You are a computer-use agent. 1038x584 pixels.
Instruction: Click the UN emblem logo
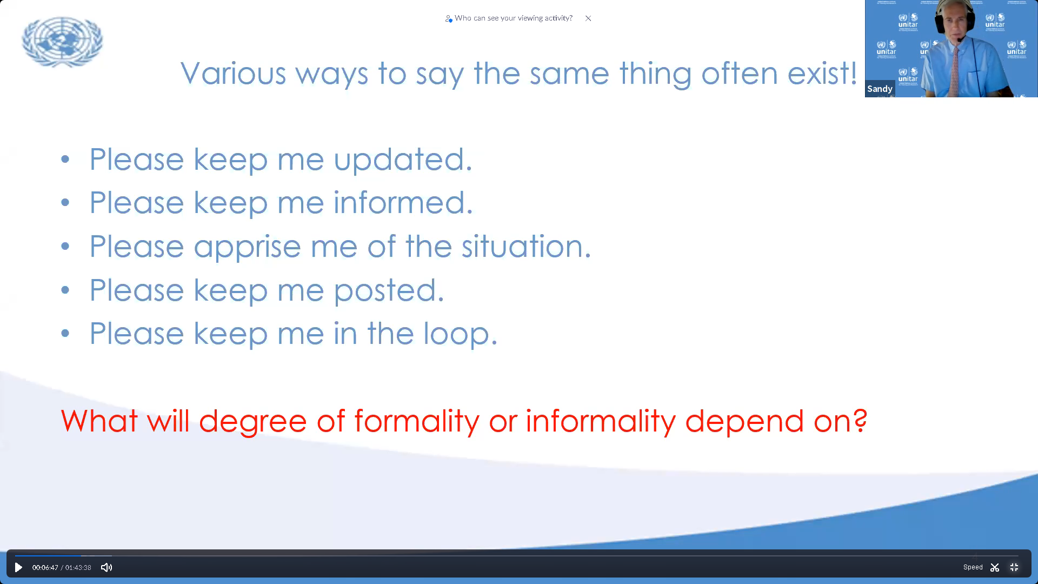(62, 42)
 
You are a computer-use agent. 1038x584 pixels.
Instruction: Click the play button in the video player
(18, 567)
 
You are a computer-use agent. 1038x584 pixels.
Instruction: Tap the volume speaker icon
(107, 567)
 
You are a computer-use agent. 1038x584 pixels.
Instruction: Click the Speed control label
(973, 567)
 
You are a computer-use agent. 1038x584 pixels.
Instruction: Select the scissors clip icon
(995, 567)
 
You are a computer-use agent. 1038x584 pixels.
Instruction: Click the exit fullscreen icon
(1014, 567)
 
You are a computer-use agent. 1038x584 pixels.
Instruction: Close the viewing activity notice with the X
(588, 18)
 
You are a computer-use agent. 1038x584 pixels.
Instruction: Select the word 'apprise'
(247, 247)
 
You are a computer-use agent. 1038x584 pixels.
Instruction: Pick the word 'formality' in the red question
(416, 421)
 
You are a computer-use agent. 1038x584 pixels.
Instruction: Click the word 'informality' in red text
(601, 421)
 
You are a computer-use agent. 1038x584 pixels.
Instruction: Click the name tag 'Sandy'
(880, 89)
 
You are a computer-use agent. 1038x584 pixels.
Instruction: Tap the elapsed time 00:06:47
(45, 567)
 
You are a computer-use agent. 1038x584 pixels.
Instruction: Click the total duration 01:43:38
(78, 567)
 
